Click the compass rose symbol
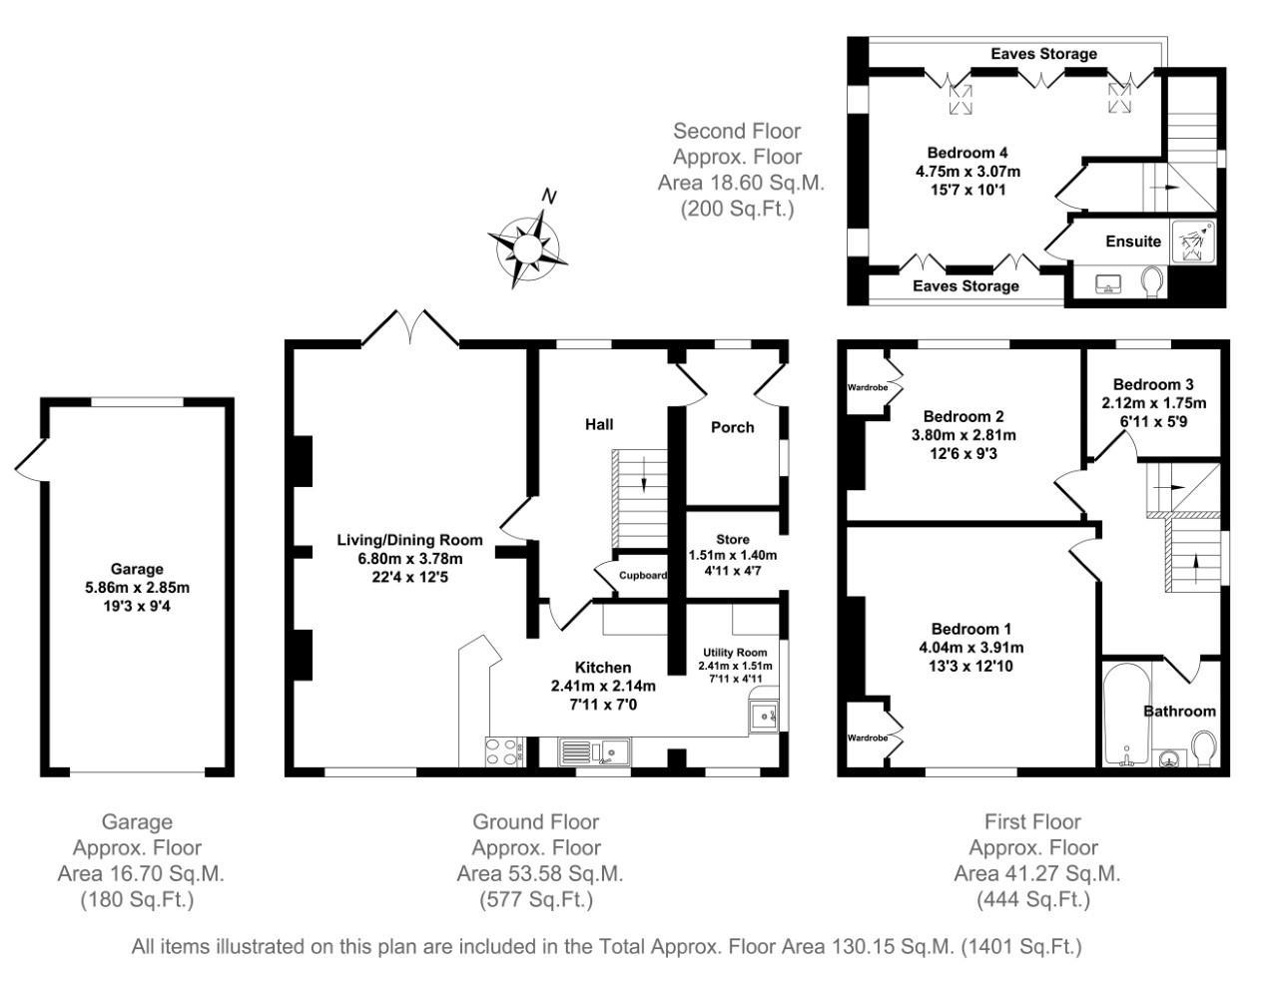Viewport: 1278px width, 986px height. pyautogui.click(x=527, y=243)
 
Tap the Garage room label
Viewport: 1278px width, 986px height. pyautogui.click(x=137, y=570)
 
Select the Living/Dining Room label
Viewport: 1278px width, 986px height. pyautogui.click(x=409, y=540)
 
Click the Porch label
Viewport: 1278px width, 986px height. pyautogui.click(x=732, y=427)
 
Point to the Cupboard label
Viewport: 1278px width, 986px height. pyautogui.click(x=643, y=575)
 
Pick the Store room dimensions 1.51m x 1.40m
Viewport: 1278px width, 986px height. pyautogui.click(x=732, y=556)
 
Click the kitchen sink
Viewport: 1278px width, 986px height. pyautogui.click(x=592, y=751)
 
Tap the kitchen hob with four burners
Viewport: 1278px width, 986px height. pyautogui.click(x=505, y=750)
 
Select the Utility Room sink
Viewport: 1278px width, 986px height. pyautogui.click(x=765, y=716)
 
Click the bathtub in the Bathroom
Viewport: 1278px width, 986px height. pyautogui.click(x=1125, y=714)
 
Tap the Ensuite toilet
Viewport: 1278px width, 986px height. pyautogui.click(x=1152, y=282)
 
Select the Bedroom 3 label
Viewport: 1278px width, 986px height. pyautogui.click(x=1153, y=384)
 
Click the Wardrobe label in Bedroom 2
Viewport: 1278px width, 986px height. pyautogui.click(x=868, y=387)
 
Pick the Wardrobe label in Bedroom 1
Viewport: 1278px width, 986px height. pyautogui.click(x=868, y=738)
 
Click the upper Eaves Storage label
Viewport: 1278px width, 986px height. pyautogui.click(x=1043, y=54)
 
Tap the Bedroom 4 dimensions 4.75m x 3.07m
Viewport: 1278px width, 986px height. pyautogui.click(x=967, y=171)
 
